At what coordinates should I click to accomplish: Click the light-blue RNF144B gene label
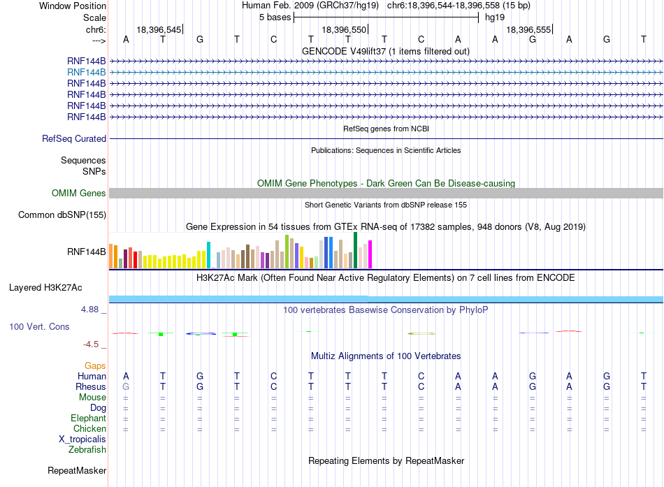87,73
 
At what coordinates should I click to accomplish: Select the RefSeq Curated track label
74,138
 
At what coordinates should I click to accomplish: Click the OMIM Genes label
79,193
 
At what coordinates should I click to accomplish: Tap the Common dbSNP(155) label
62,215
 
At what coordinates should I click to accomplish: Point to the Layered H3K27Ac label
45,288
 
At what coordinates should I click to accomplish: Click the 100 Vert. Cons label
39,326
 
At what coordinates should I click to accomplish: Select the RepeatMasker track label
77,470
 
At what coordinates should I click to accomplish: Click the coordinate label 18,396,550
344,29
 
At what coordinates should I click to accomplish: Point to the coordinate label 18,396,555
528,29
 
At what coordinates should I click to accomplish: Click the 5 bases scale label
275,17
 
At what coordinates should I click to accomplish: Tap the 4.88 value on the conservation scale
89,310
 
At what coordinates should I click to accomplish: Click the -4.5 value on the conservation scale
91,344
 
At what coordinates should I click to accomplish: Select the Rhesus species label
91,386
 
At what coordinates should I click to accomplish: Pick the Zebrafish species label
87,449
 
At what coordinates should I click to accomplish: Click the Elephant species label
88,418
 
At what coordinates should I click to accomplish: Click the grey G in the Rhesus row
126,386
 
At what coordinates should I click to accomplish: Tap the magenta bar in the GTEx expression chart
370,254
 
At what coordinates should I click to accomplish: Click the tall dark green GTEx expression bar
356,250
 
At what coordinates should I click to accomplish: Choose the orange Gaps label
95,365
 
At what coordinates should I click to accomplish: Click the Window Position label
73,6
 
